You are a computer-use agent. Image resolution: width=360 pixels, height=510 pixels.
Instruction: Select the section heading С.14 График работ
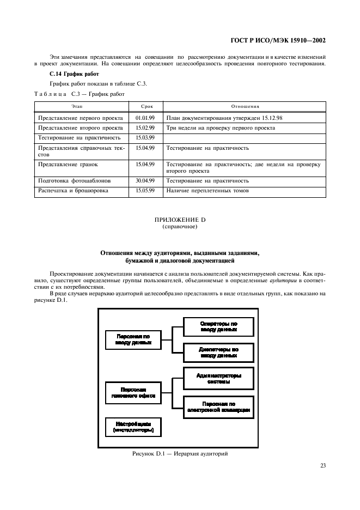pyautogui.click(x=66, y=74)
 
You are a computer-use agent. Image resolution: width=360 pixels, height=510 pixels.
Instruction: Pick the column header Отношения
pyautogui.click(x=244, y=107)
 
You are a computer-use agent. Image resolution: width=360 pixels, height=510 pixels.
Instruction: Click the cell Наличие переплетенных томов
pyautogui.click(x=208, y=191)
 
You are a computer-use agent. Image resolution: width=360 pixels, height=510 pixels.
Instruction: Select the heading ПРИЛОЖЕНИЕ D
pyautogui.click(x=180, y=220)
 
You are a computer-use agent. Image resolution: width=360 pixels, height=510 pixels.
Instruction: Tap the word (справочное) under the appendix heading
pyautogui.click(x=180, y=227)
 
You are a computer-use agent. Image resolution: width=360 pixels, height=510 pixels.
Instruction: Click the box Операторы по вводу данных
pyautogui.click(x=218, y=326)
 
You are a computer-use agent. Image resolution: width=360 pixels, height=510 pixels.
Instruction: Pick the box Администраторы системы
pyautogui.click(x=218, y=378)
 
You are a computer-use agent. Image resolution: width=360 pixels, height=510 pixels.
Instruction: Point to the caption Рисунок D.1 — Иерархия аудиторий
pyautogui.click(x=179, y=453)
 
